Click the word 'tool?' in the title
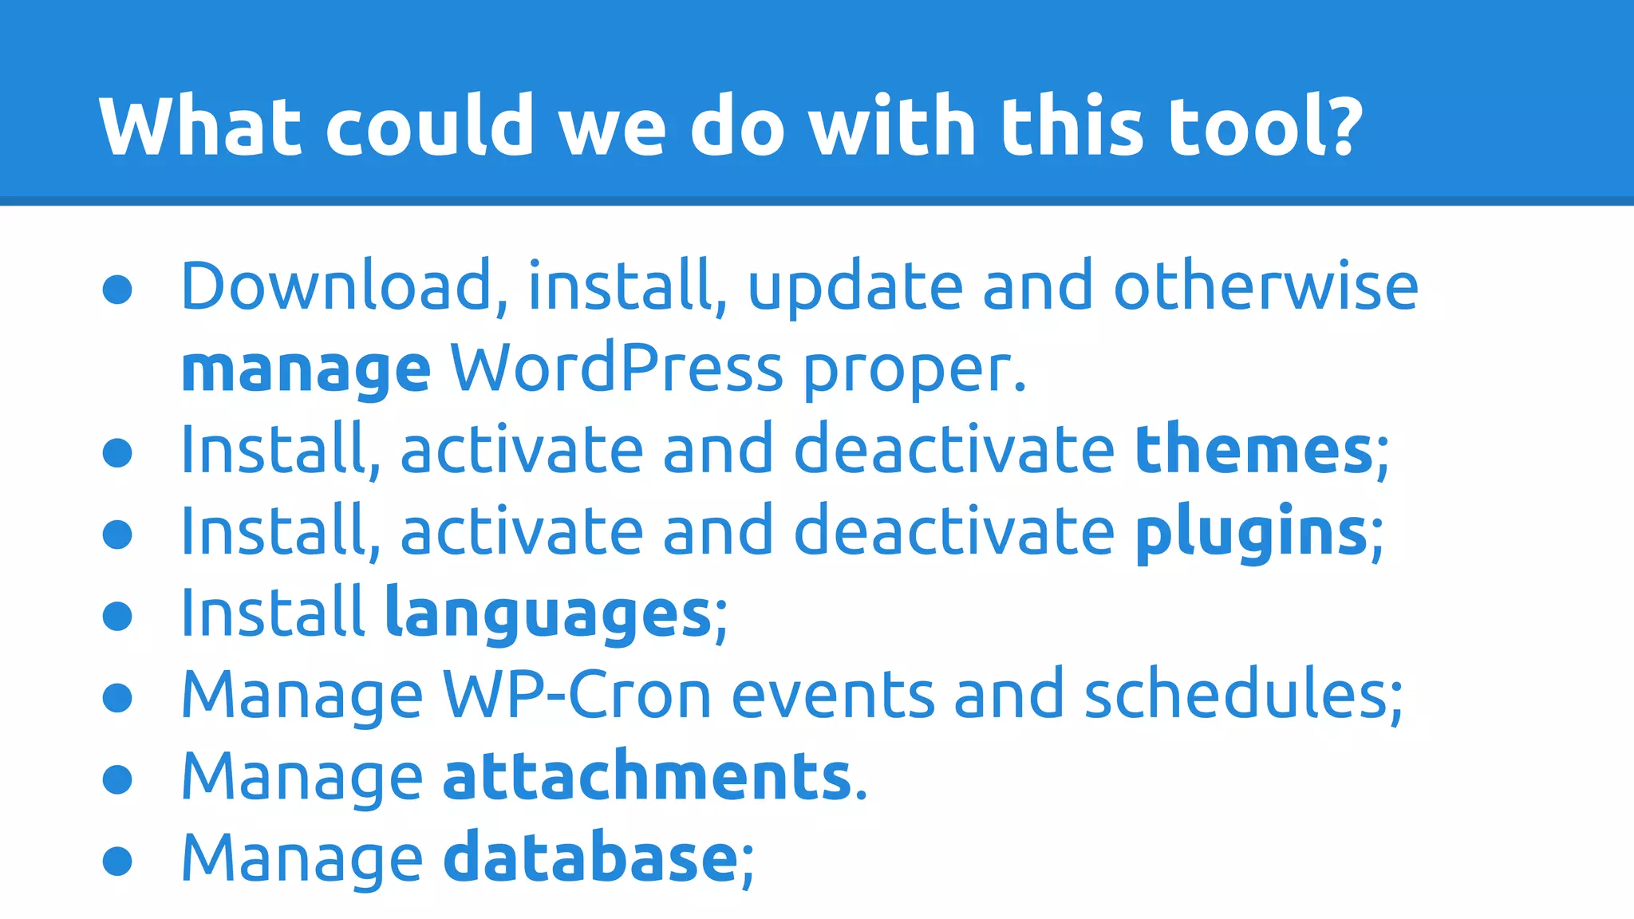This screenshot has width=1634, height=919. coord(1265,126)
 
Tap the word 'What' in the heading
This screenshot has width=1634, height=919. coord(200,126)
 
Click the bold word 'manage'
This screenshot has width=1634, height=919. coord(306,370)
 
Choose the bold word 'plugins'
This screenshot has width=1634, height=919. coord(1251,533)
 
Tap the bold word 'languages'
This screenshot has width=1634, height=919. coord(548,615)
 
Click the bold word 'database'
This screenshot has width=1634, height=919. coord(590,858)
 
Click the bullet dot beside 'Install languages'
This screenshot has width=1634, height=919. coord(117,616)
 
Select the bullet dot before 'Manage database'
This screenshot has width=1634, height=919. coord(117,861)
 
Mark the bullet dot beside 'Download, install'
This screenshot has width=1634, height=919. coord(117,290)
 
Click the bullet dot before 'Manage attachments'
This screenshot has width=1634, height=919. coord(117,779)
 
